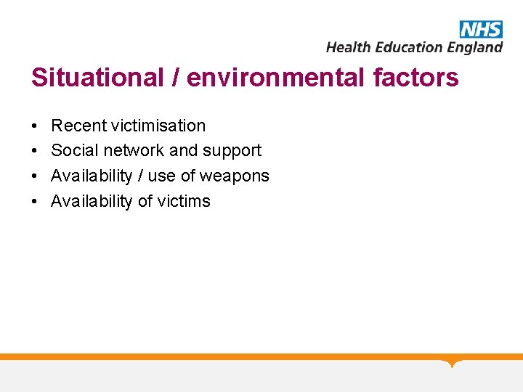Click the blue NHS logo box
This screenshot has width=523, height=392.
click(x=481, y=29)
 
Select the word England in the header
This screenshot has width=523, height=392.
click(x=474, y=47)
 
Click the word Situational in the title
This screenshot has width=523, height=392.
click(x=98, y=78)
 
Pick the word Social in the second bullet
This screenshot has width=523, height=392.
click(x=72, y=150)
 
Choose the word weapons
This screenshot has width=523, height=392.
click(x=235, y=176)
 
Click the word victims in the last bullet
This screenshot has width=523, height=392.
click(x=185, y=201)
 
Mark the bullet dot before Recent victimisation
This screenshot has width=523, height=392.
click(x=36, y=126)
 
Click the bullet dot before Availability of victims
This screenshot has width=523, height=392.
click(x=36, y=202)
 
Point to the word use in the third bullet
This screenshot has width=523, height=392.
click(x=161, y=176)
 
